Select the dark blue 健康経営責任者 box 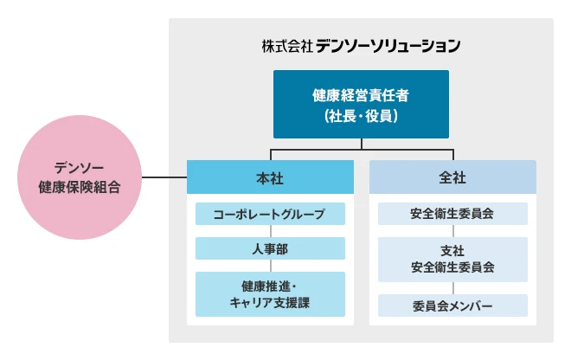click(x=361, y=104)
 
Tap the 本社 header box click(x=270, y=177)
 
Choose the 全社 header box click(x=452, y=177)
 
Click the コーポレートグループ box click(x=270, y=214)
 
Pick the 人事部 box click(x=270, y=248)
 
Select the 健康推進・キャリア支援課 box click(x=270, y=293)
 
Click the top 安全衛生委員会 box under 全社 click(x=452, y=214)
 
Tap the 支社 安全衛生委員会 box click(x=452, y=259)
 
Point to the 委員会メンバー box click(x=452, y=305)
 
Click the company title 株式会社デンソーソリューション click(x=361, y=44)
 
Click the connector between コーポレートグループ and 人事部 click(x=270, y=231)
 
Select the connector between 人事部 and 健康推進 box click(x=270, y=266)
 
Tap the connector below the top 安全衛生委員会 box click(x=452, y=231)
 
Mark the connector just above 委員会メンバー click(x=452, y=288)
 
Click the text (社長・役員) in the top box click(x=361, y=114)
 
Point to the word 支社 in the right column click(x=452, y=250)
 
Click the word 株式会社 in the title click(x=286, y=44)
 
